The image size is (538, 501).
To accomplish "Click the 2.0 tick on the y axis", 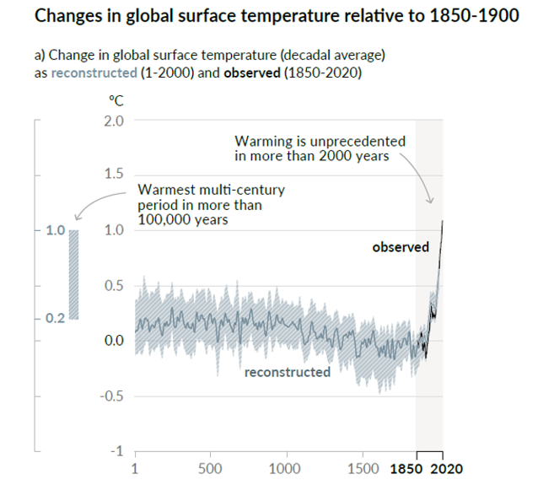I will pyautogui.click(x=112, y=120).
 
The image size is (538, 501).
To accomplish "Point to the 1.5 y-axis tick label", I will pyautogui.click(x=112, y=175).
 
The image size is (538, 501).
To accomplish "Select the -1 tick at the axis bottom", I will pyautogui.click(x=117, y=451).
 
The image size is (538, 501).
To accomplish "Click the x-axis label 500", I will pyautogui.click(x=211, y=469).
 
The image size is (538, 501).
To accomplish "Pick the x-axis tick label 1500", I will pyautogui.click(x=363, y=469).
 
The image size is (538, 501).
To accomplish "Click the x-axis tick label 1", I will pyautogui.click(x=136, y=469).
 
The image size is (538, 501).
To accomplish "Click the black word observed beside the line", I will pyautogui.click(x=401, y=247).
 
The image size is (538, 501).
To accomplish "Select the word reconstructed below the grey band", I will pyautogui.click(x=288, y=372).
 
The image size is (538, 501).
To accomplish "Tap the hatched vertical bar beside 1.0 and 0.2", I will pyautogui.click(x=74, y=274).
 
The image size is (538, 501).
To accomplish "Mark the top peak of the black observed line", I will pyautogui.click(x=443, y=221).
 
